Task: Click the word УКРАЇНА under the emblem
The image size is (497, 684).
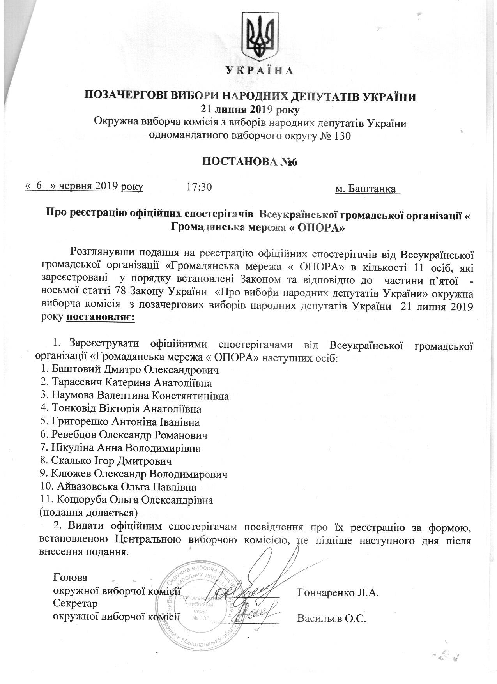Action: pyautogui.click(x=258, y=71)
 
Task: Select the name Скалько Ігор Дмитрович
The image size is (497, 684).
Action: pyautogui.click(x=111, y=461)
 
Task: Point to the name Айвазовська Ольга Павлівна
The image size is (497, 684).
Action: pyautogui.click(x=126, y=488)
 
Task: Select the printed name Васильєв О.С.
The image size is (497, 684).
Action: pyautogui.click(x=332, y=619)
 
